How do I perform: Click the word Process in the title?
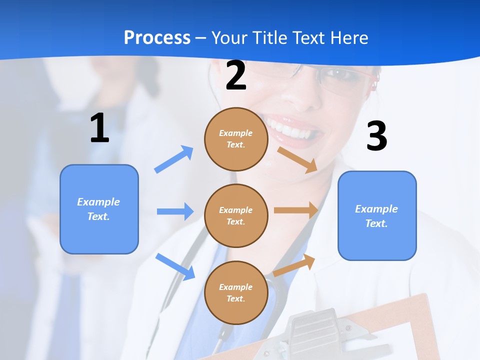(x=157, y=38)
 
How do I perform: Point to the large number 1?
(x=99, y=128)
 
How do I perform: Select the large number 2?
(x=236, y=75)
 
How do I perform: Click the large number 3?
(x=376, y=136)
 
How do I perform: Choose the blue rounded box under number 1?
(x=99, y=209)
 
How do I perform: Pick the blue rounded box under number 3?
(x=377, y=216)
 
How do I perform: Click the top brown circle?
(x=236, y=139)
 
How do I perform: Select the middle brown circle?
(x=236, y=215)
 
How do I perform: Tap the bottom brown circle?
(x=236, y=292)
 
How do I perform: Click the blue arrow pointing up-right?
(x=174, y=159)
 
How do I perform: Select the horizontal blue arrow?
(x=175, y=211)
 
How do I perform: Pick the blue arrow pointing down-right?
(x=175, y=266)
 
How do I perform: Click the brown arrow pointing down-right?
(x=298, y=159)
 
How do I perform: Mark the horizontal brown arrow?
(x=296, y=210)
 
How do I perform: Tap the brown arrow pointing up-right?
(x=294, y=264)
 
